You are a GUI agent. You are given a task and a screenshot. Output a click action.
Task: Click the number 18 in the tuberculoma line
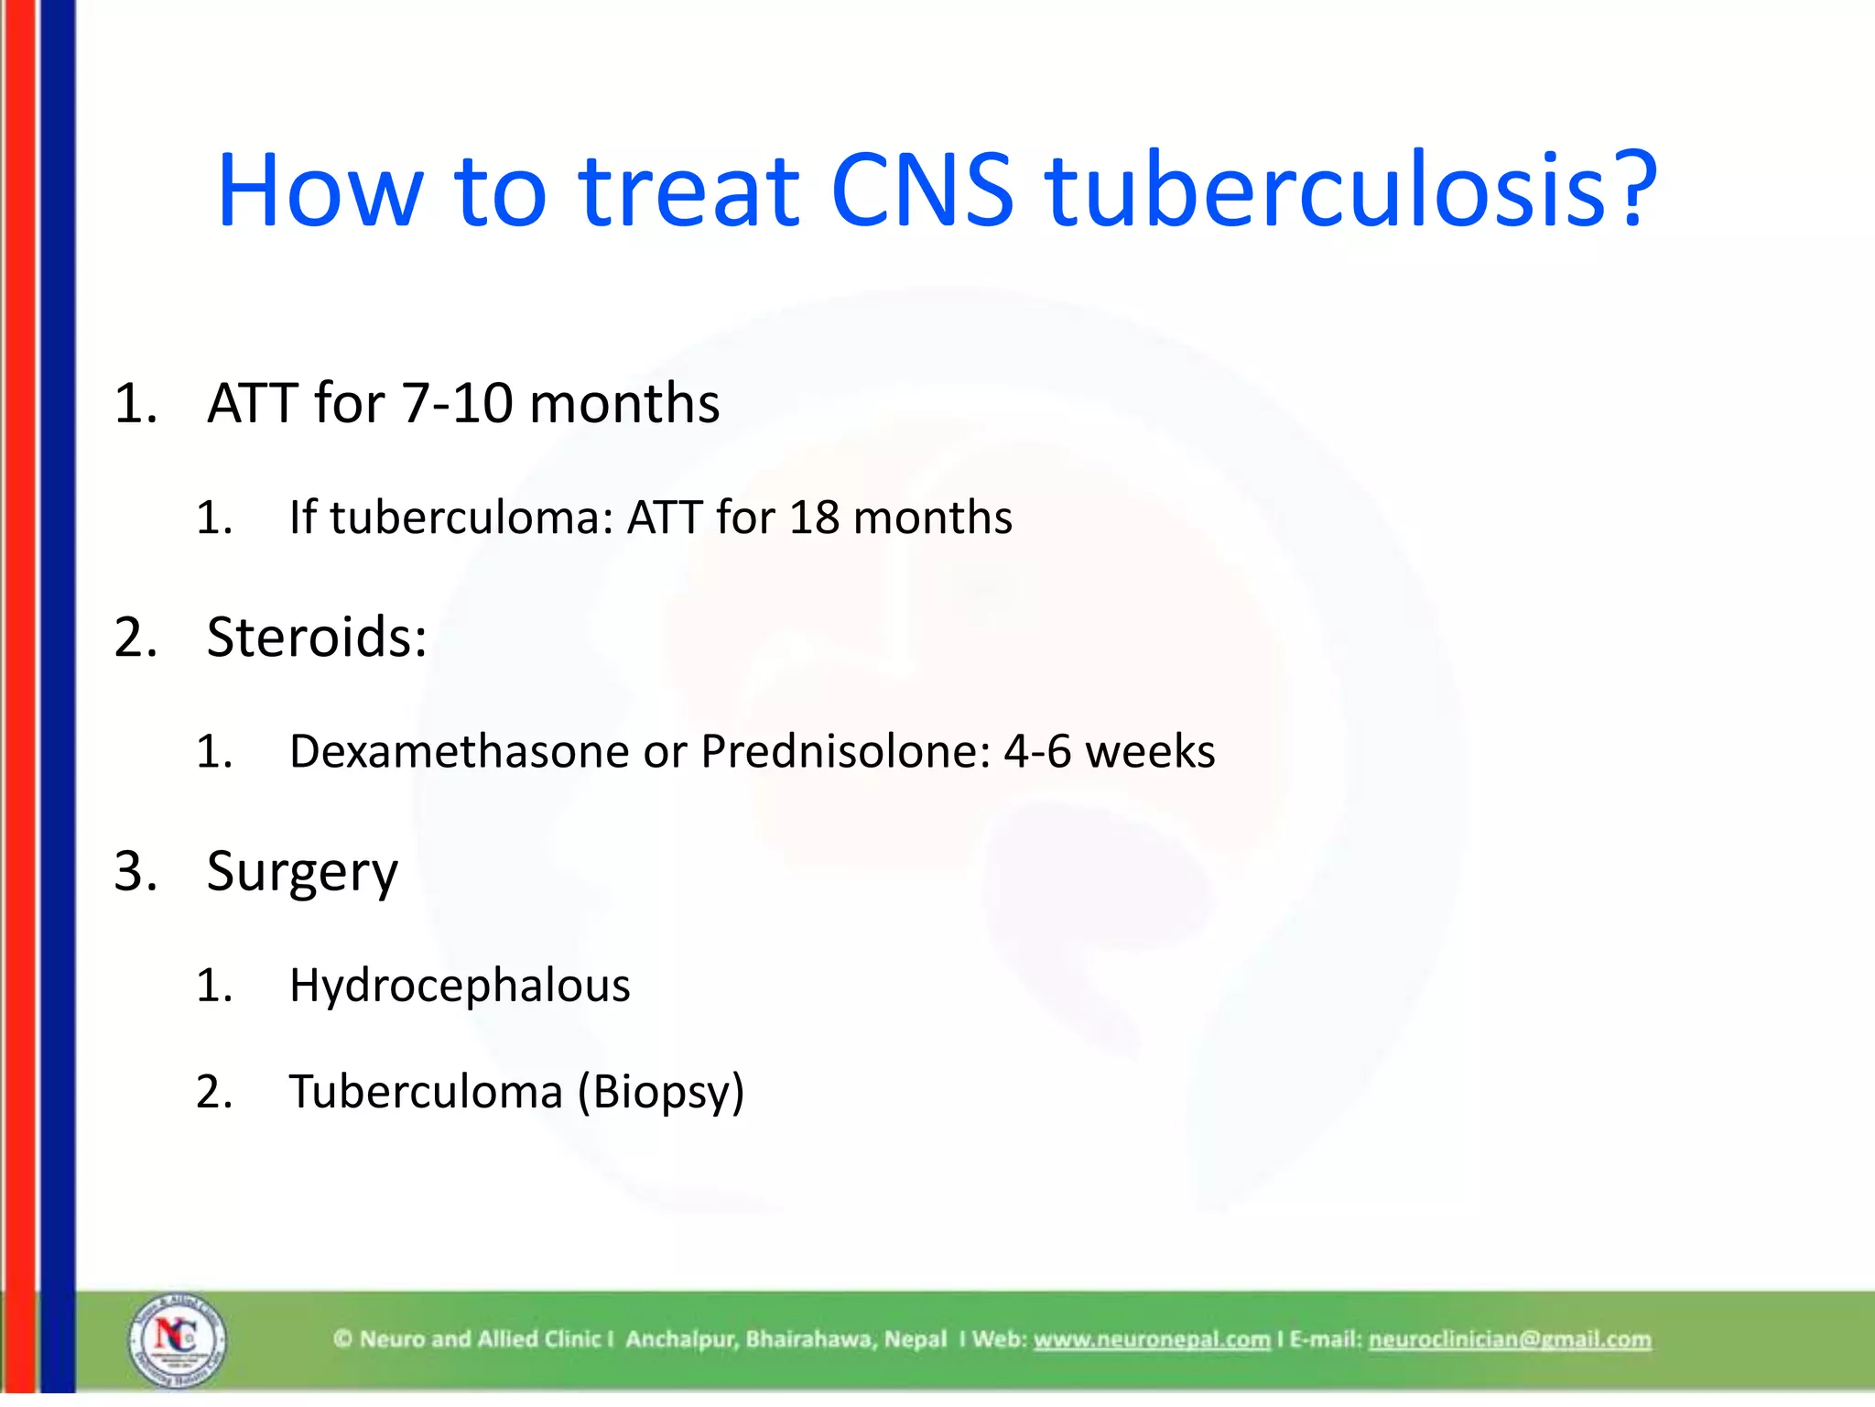(x=814, y=518)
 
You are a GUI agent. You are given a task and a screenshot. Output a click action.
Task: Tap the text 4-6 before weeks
(x=1037, y=752)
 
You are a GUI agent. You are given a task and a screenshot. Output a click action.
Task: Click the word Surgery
(x=302, y=872)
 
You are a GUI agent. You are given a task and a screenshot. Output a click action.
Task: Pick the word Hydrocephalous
(x=460, y=987)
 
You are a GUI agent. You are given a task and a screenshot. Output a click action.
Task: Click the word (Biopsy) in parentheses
(x=660, y=1093)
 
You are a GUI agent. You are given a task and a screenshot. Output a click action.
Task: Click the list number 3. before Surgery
(x=135, y=871)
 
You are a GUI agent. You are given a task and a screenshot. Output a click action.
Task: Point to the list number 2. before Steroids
(x=135, y=638)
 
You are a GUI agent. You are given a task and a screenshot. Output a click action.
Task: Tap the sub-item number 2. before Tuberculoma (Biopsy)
(x=214, y=1093)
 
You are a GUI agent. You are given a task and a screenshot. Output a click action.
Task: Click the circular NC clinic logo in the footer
(x=177, y=1340)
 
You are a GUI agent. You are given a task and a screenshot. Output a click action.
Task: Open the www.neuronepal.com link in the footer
(x=1152, y=1340)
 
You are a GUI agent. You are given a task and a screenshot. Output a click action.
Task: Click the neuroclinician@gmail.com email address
(x=1510, y=1340)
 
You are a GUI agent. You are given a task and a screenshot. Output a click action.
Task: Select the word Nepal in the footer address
(x=916, y=1340)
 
